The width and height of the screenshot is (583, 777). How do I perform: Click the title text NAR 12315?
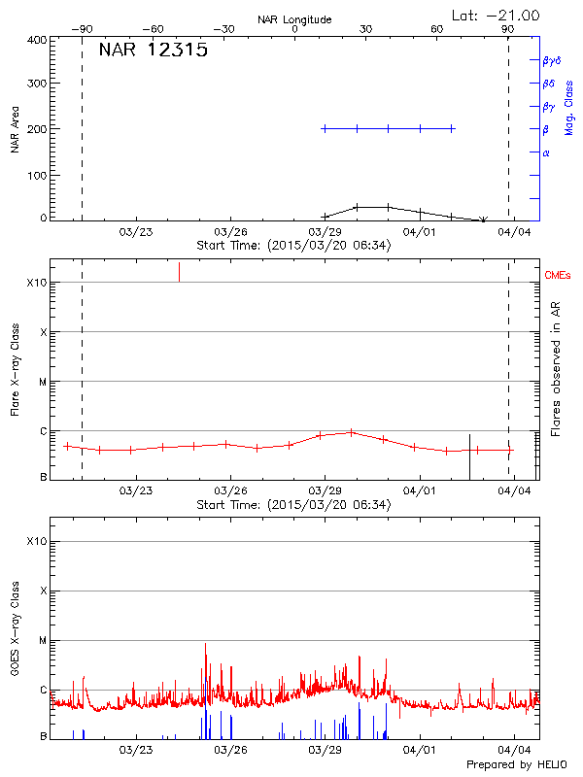(x=153, y=51)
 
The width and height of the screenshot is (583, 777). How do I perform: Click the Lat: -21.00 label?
(x=497, y=15)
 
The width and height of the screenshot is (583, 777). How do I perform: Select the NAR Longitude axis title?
(x=294, y=19)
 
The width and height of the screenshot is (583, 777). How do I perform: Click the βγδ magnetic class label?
(x=551, y=60)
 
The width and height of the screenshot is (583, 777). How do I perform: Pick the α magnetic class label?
(x=546, y=152)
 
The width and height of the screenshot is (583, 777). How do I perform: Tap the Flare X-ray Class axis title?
(x=15, y=369)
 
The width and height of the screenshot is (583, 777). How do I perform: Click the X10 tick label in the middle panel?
(x=36, y=283)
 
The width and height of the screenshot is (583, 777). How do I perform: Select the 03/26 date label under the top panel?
(x=230, y=232)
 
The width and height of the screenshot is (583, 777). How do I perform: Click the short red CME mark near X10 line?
(x=179, y=272)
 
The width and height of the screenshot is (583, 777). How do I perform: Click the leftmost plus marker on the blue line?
(x=325, y=128)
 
